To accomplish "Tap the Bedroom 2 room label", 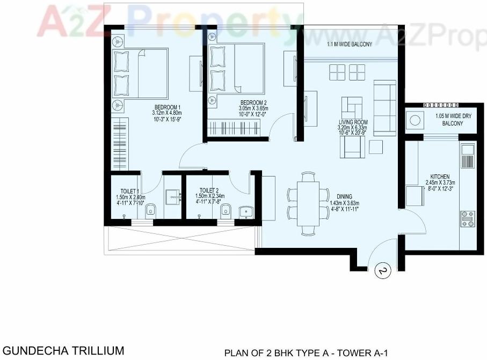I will [253, 102].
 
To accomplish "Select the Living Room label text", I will [352, 122].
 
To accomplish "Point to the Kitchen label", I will [440, 177].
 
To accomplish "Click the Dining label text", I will [344, 197].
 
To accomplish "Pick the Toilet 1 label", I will [130, 190].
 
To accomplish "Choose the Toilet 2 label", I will [209, 190].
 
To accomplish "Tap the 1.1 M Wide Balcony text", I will [350, 45].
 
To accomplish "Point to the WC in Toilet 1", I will [150, 210].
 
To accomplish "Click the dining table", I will [308, 203].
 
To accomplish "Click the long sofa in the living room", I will [384, 108].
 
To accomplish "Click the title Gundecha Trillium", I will [63, 351].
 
